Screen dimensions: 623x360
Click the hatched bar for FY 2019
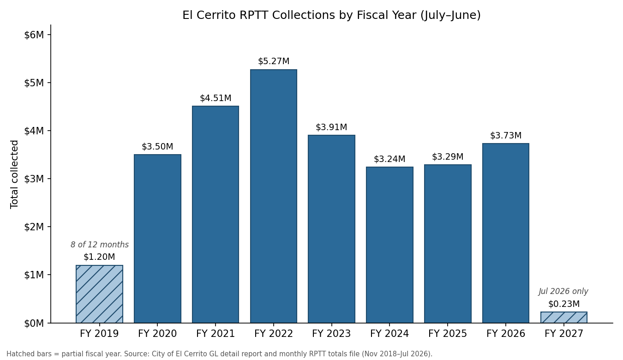[x=99, y=294]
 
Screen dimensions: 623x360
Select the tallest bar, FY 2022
[x=273, y=196]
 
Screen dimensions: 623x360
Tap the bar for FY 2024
[x=389, y=245]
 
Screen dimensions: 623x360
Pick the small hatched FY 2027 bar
[x=564, y=318]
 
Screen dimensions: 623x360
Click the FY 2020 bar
[x=157, y=239]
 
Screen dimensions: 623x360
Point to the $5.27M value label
[x=274, y=61]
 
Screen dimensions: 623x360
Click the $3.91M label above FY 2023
[x=331, y=127]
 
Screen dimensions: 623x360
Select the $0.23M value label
[x=564, y=304]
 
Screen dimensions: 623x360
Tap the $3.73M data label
[x=506, y=136]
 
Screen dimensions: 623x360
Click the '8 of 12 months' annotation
[x=100, y=245]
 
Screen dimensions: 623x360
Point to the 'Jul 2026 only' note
[x=563, y=291]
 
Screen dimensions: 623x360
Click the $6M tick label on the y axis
[x=34, y=35]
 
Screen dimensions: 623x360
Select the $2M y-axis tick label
[x=34, y=227]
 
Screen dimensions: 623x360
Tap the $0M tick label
[x=34, y=323]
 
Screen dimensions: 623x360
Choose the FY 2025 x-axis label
[x=448, y=333]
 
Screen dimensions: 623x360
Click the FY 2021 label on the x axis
[x=216, y=333]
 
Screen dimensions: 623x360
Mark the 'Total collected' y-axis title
[x=14, y=174]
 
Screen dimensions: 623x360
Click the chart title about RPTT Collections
[x=331, y=15]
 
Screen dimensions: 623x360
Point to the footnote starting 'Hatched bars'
[x=220, y=354]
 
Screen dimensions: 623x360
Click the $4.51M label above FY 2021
[x=216, y=98]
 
